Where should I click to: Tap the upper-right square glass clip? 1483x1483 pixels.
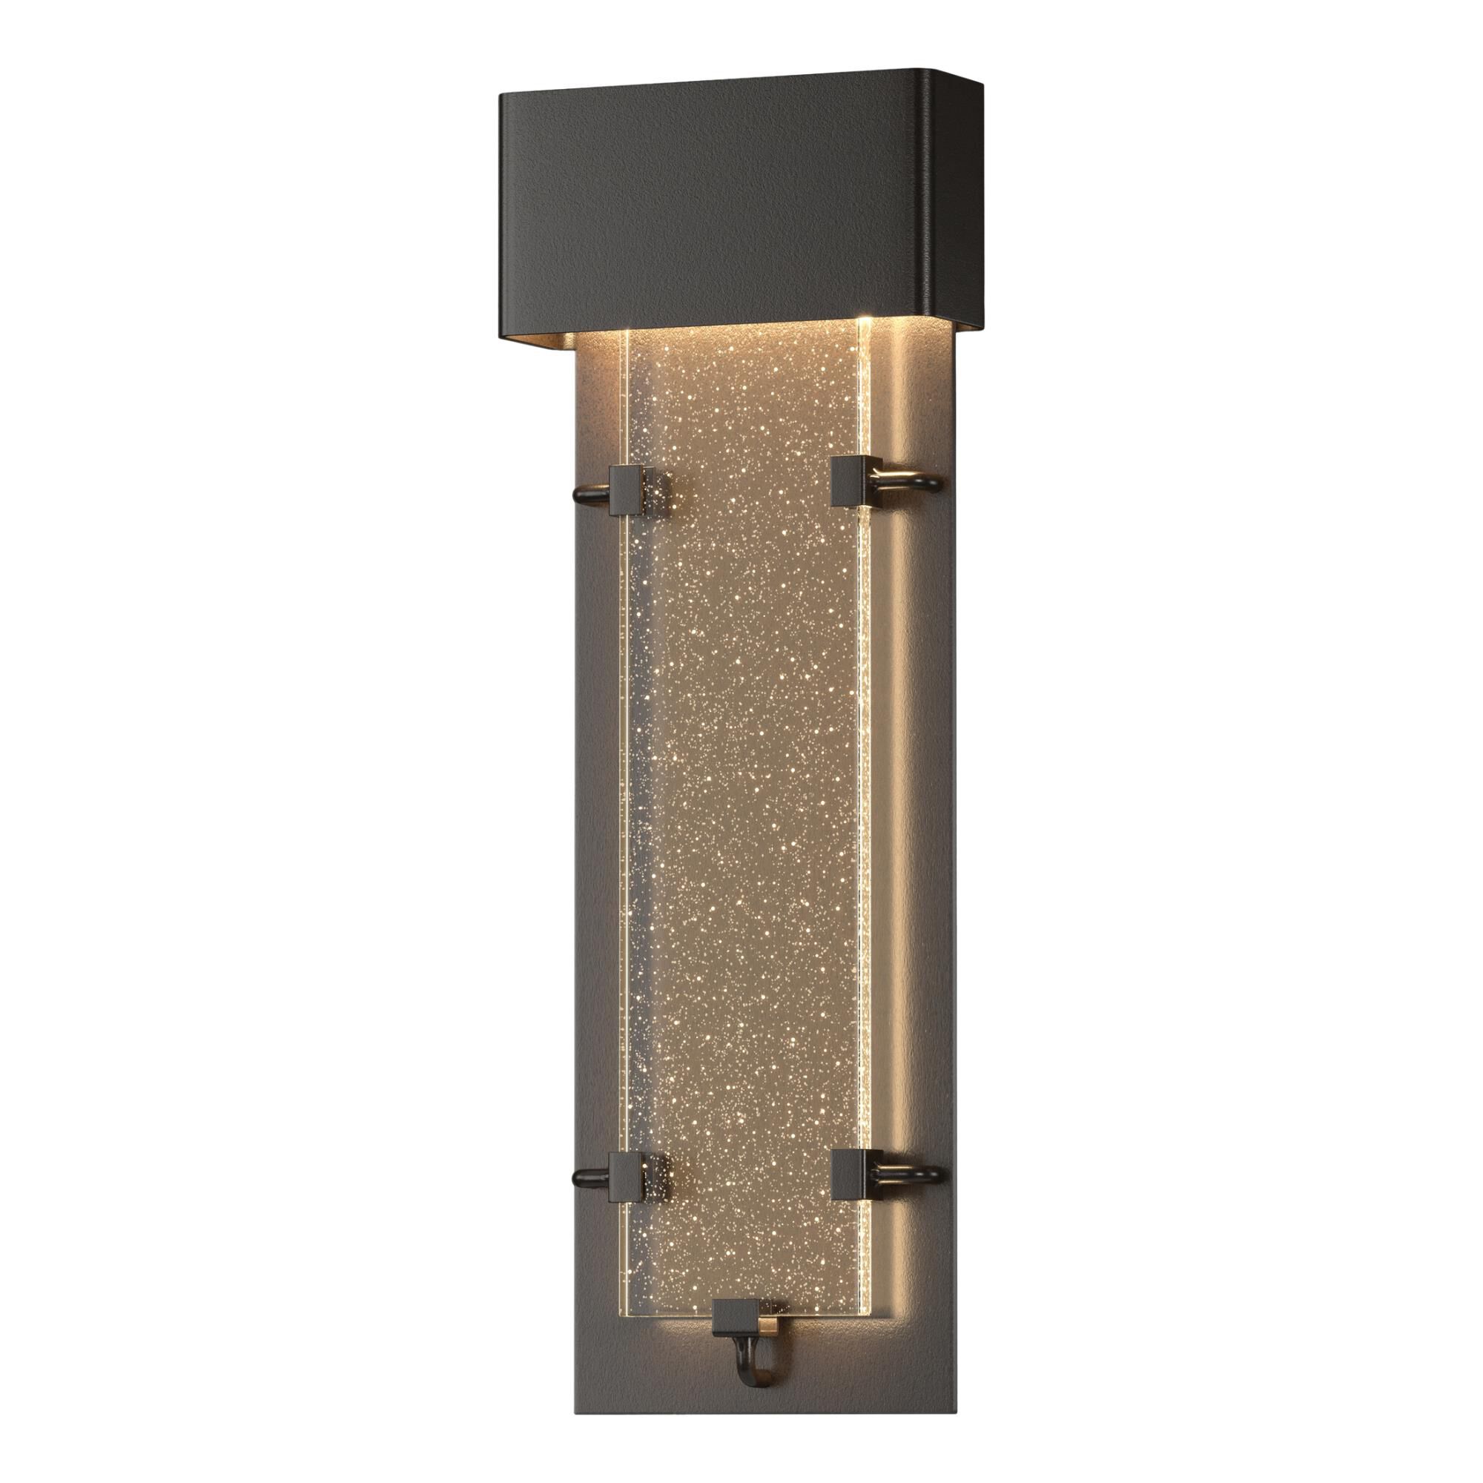click(x=850, y=480)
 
